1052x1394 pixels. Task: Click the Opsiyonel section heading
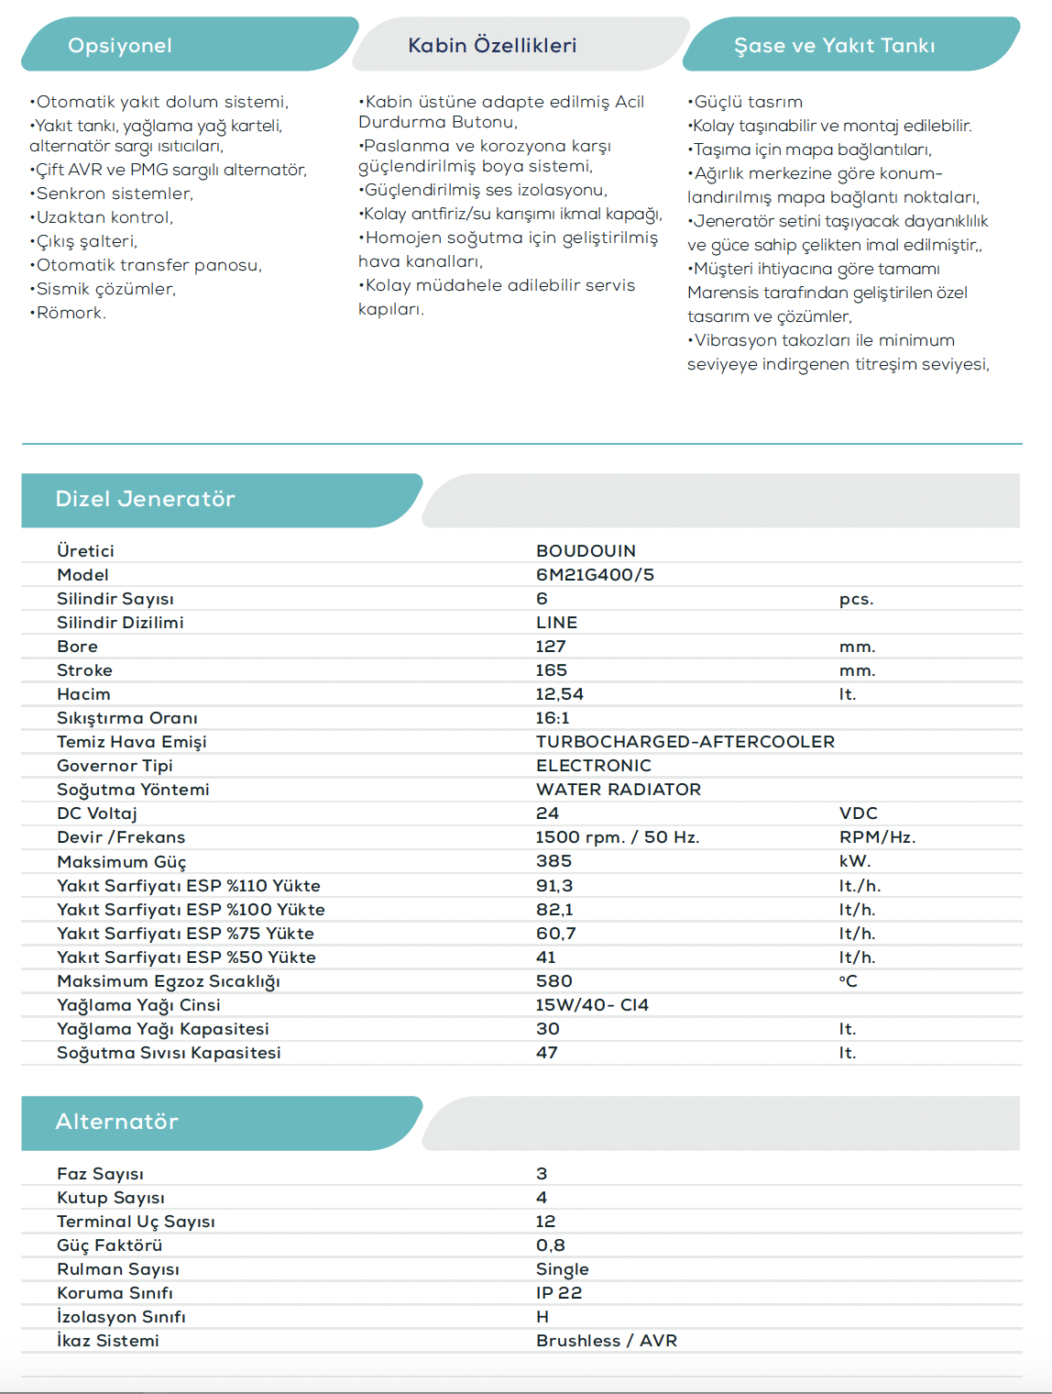pos(120,46)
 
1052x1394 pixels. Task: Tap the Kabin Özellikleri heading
pos(492,46)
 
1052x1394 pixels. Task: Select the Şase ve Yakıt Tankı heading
pos(834,46)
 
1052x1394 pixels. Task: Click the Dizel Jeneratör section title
pos(145,499)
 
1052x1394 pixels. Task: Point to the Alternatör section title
pos(116,1122)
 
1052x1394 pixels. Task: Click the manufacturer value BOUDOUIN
pos(586,551)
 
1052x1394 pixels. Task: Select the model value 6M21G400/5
pos(595,575)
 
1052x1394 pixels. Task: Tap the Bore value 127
pos(551,647)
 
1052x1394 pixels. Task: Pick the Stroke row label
pos(84,670)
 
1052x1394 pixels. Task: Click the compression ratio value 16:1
pos(553,718)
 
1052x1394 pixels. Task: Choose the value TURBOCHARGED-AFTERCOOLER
pos(685,742)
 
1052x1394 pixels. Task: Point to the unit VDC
pos(858,813)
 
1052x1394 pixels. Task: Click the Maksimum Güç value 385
pos(553,861)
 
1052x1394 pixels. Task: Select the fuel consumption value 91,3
pos(554,886)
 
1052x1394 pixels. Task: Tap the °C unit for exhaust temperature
pos(848,981)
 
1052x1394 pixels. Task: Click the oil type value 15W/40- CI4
pos(592,1005)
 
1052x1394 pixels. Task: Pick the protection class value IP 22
pos(559,1293)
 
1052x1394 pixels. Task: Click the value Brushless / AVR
pos(606,1341)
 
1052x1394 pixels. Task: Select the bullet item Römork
pos(71,313)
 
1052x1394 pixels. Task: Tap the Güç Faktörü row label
pos(109,1245)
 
